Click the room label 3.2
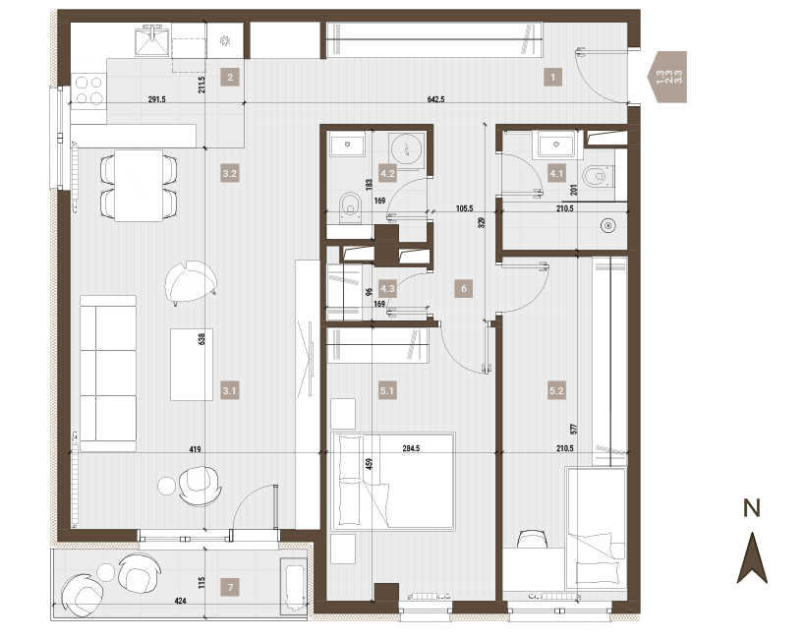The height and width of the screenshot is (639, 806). click(x=230, y=173)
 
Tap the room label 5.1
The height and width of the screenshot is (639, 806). click(x=387, y=390)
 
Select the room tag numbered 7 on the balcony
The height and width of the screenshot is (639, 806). click(x=230, y=587)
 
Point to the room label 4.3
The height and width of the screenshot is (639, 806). click(x=387, y=288)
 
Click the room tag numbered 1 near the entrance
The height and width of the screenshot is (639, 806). click(x=553, y=77)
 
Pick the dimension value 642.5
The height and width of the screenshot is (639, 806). click(x=435, y=99)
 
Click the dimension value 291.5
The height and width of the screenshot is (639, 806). click(x=157, y=99)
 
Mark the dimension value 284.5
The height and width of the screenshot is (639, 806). click(x=411, y=448)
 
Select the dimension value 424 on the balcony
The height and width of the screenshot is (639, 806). click(x=181, y=601)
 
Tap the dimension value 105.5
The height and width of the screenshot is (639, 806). click(x=464, y=208)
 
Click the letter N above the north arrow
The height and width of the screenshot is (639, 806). click(x=752, y=508)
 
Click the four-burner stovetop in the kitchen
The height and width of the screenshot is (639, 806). click(x=88, y=90)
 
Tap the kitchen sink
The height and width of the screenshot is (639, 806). click(x=152, y=41)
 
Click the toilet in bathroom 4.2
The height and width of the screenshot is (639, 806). click(x=351, y=207)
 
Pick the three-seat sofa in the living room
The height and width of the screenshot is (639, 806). click(x=108, y=374)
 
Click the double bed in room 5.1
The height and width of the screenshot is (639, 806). click(x=394, y=482)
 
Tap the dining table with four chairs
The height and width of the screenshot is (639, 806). click(x=139, y=185)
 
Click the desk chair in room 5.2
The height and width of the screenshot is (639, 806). click(x=533, y=540)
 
